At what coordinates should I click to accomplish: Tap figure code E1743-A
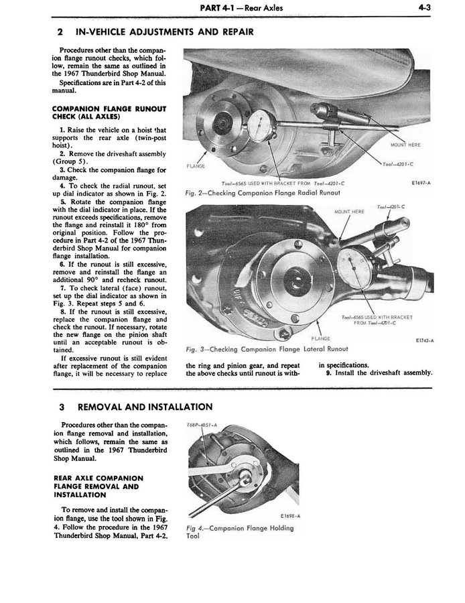click(421, 340)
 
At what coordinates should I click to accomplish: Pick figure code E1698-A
click(273, 515)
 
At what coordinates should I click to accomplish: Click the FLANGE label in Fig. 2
click(194, 165)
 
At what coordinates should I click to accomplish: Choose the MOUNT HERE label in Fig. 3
click(348, 212)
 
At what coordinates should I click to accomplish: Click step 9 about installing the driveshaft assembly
click(379, 373)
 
